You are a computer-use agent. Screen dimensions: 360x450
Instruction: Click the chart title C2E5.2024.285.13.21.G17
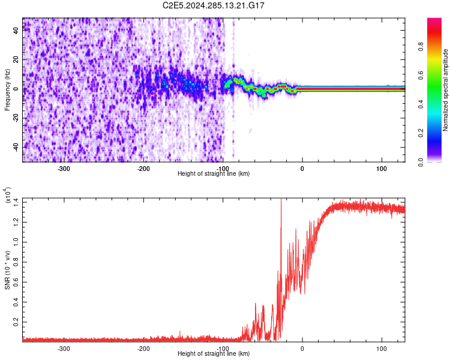coord(214,5)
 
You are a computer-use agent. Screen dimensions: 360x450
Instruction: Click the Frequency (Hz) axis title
coord(7,89)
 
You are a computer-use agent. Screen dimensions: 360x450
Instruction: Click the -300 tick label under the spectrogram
coord(64,167)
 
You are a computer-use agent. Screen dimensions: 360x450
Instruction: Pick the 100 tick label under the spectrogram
coord(382,167)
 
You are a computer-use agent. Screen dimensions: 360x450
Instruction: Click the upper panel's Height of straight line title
coord(214,174)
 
